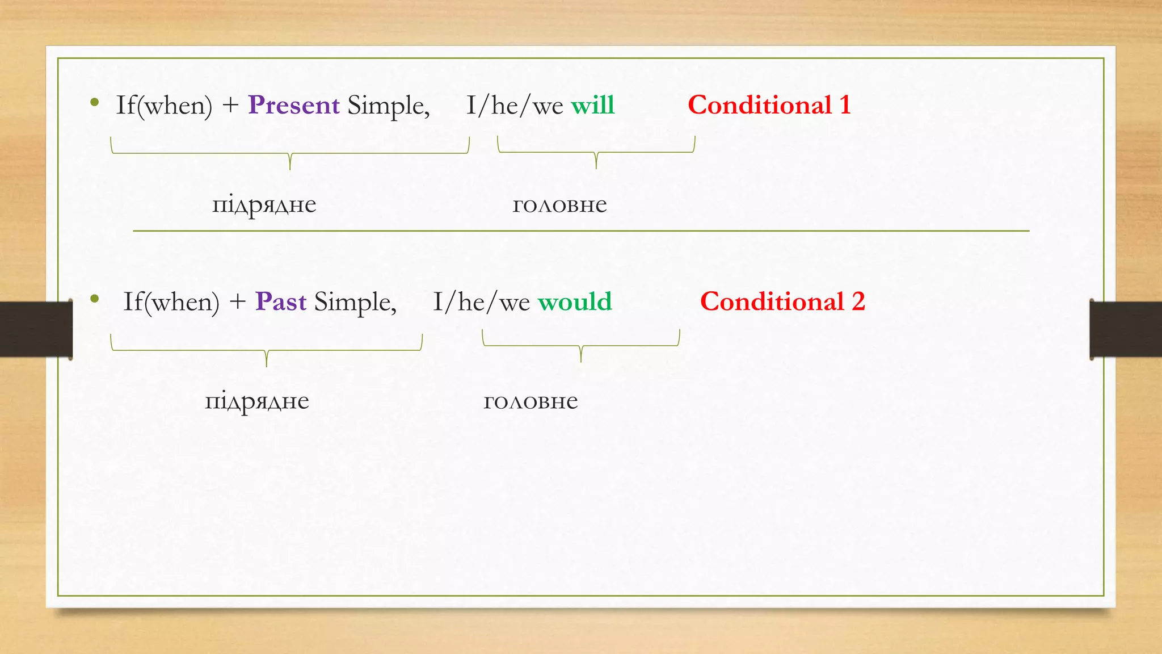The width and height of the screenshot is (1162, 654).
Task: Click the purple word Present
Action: pyautogui.click(x=293, y=106)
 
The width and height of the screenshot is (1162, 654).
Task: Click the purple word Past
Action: pyautogui.click(x=281, y=302)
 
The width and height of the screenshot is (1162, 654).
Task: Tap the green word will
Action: pyautogui.click(x=592, y=106)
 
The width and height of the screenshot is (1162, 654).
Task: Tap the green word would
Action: pyautogui.click(x=575, y=302)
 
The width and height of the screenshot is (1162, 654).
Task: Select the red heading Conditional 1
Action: pyautogui.click(x=769, y=106)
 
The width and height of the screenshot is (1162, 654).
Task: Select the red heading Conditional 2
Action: pyautogui.click(x=782, y=302)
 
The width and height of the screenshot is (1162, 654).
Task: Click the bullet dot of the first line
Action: pyautogui.click(x=95, y=103)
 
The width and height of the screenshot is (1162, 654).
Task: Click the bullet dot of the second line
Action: pyautogui.click(x=95, y=299)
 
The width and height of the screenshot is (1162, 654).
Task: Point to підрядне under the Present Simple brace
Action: pyautogui.click(x=264, y=205)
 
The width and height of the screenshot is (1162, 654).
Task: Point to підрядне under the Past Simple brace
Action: pyautogui.click(x=256, y=401)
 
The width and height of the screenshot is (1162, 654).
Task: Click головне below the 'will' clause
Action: pyautogui.click(x=559, y=205)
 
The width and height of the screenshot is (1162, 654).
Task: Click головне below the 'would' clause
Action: pyautogui.click(x=531, y=401)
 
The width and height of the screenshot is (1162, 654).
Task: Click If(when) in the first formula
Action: pyautogui.click(x=164, y=106)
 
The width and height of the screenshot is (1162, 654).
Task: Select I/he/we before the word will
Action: pyautogui.click(x=515, y=106)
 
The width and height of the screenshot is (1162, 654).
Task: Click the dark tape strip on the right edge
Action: pyautogui.click(x=1126, y=329)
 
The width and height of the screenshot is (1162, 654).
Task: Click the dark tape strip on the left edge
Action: pyautogui.click(x=36, y=329)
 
